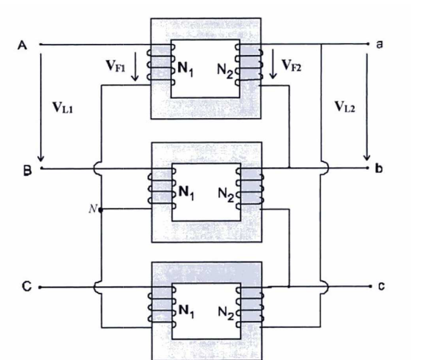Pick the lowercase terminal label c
380,286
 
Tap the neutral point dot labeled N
101,210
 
